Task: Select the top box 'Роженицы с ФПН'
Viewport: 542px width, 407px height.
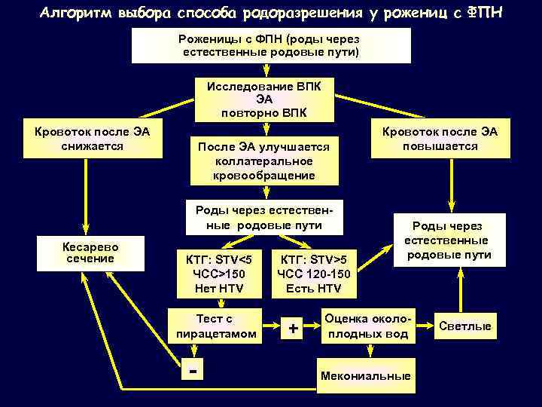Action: pos(271,45)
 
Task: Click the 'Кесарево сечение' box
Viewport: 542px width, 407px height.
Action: pos(90,252)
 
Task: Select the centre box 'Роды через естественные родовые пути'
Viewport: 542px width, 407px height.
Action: pos(263,218)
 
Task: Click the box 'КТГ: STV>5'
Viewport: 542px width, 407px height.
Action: pos(309,272)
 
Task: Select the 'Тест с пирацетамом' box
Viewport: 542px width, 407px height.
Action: pos(215,326)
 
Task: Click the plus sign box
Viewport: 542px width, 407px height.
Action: pos(293,327)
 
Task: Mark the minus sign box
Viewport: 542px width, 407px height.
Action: pos(194,371)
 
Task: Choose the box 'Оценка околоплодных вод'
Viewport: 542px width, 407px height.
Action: pos(368,326)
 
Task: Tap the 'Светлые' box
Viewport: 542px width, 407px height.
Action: pos(464,326)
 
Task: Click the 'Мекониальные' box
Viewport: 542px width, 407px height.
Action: pos(365,375)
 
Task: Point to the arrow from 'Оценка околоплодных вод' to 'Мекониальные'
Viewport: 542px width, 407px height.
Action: pos(368,353)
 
